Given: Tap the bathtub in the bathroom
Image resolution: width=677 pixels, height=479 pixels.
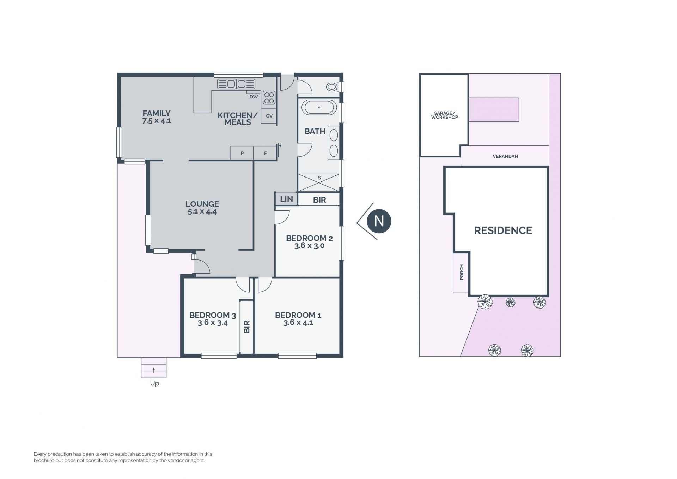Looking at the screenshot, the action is click(x=319, y=107).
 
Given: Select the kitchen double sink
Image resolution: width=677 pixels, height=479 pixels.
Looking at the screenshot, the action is click(x=236, y=84).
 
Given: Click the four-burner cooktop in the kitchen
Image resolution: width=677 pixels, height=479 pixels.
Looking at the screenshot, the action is click(x=269, y=98).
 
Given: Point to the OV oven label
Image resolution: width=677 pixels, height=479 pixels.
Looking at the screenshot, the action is click(x=269, y=116).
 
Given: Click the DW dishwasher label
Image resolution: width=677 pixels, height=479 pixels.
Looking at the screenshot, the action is click(x=254, y=97).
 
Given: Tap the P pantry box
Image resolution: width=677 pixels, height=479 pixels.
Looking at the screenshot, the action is click(x=242, y=153).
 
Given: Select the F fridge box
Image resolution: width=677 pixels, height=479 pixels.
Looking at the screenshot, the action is click(x=265, y=153).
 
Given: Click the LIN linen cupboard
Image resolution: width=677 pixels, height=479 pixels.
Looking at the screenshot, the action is click(x=286, y=199).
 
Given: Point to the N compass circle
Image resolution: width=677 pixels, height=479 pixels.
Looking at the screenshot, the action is click(x=379, y=221).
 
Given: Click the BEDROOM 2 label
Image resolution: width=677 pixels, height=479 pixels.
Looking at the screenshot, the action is click(x=309, y=238).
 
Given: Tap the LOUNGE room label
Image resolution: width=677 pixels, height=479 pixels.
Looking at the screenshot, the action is click(x=202, y=204).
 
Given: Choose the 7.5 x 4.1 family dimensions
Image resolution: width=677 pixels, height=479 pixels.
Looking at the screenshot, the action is click(x=157, y=121).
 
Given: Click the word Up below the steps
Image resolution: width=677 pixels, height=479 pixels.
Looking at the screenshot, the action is click(x=154, y=383).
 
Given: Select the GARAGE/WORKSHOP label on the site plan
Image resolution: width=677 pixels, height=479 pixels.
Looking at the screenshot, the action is click(x=444, y=115).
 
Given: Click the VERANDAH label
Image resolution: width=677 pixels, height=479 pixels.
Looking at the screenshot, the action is click(x=505, y=156).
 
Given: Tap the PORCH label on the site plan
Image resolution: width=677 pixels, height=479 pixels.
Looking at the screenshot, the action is click(x=462, y=272).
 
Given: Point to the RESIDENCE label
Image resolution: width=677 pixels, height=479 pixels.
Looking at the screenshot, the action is click(x=503, y=230).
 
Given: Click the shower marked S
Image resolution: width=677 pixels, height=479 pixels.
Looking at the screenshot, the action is click(x=319, y=182).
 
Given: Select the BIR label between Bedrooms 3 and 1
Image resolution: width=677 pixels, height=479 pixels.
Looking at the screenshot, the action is click(x=246, y=327).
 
